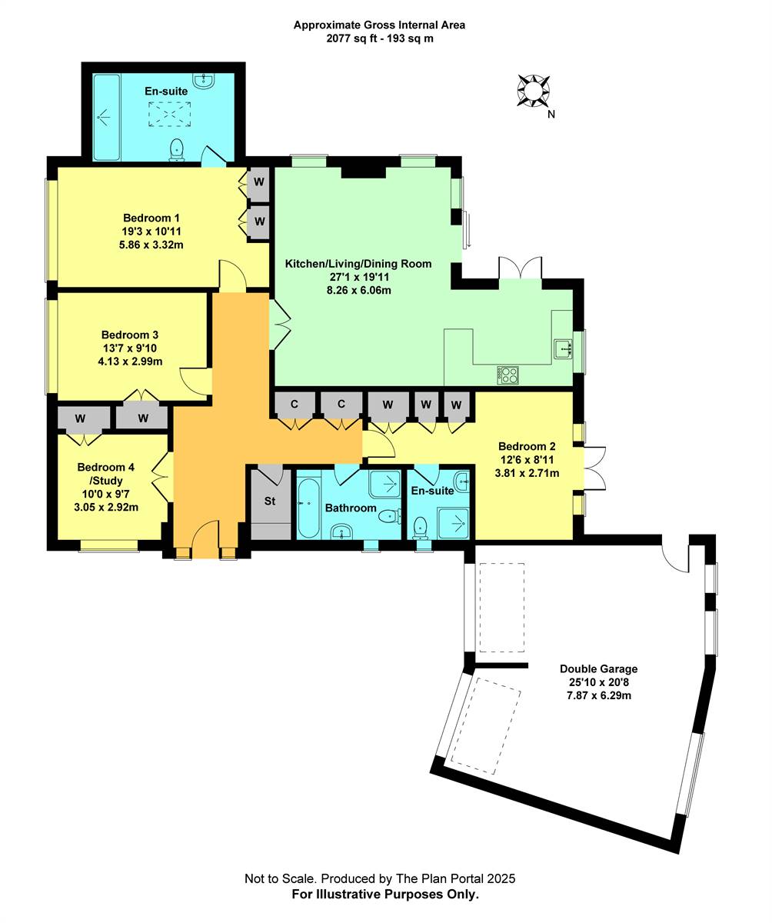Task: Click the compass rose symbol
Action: point(533,90)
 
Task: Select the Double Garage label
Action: point(598,669)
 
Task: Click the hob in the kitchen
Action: point(508,375)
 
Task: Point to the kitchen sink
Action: point(564,348)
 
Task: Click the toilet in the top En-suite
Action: point(177,149)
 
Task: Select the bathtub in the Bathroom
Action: point(308,508)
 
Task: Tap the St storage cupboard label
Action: point(270,501)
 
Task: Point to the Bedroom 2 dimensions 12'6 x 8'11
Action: point(527,460)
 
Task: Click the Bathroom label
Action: point(351,508)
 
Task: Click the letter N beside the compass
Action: point(551,115)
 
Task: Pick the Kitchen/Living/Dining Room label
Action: point(358,264)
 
